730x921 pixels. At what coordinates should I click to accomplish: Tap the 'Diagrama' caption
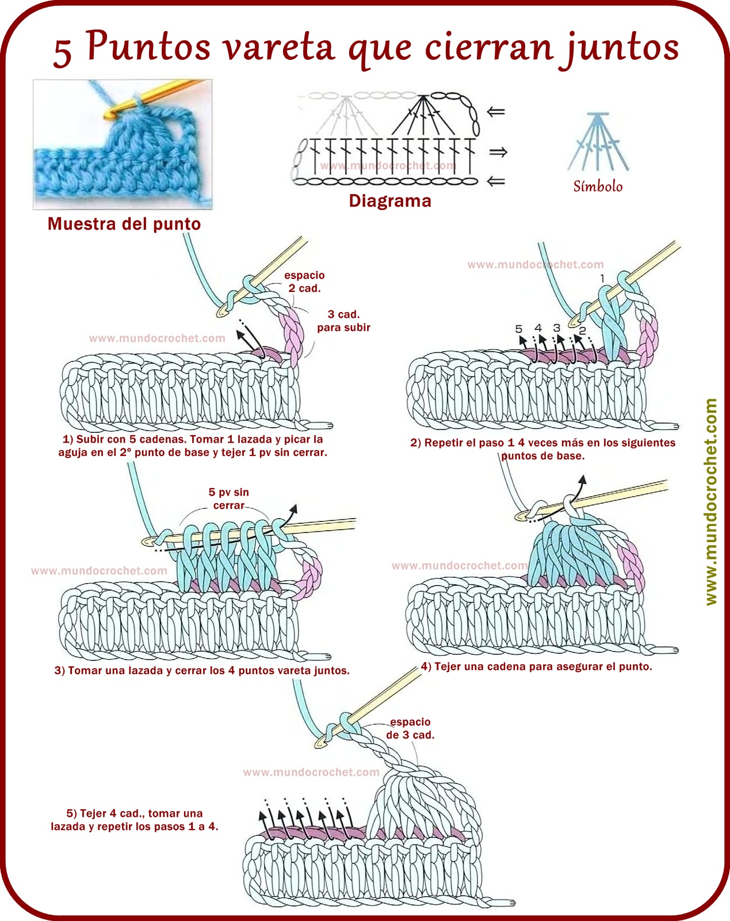[x=390, y=201]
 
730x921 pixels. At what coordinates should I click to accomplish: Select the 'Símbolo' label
[x=598, y=186]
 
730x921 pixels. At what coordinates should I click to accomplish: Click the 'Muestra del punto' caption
[x=124, y=224]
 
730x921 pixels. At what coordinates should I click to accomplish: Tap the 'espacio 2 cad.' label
[x=304, y=281]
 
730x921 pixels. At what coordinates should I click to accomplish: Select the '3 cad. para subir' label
[x=343, y=321]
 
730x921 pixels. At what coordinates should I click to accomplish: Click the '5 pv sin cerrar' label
[x=228, y=498]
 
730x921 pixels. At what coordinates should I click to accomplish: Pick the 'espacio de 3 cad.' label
[x=410, y=728]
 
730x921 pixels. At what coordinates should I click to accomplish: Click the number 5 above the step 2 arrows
[x=519, y=329]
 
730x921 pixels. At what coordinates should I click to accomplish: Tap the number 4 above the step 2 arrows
[x=538, y=328]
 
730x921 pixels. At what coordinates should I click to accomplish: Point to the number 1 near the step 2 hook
[x=602, y=279]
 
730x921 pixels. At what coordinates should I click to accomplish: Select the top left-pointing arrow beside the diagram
[x=496, y=112]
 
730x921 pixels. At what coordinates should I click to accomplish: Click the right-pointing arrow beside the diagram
[x=498, y=152]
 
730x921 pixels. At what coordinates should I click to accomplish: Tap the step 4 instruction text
[x=536, y=667]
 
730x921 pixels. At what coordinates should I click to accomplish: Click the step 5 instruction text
[x=135, y=820]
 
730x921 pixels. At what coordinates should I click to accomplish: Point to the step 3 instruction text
[x=202, y=671]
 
